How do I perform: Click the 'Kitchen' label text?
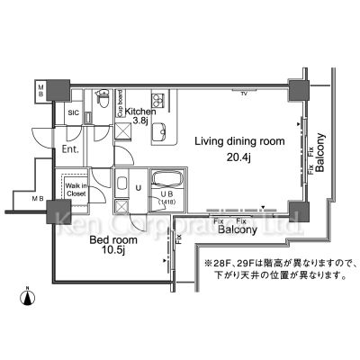click(141, 111)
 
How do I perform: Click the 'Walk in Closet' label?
click(75, 189)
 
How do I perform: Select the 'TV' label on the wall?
click(243, 93)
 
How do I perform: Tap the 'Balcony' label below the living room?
click(238, 230)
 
